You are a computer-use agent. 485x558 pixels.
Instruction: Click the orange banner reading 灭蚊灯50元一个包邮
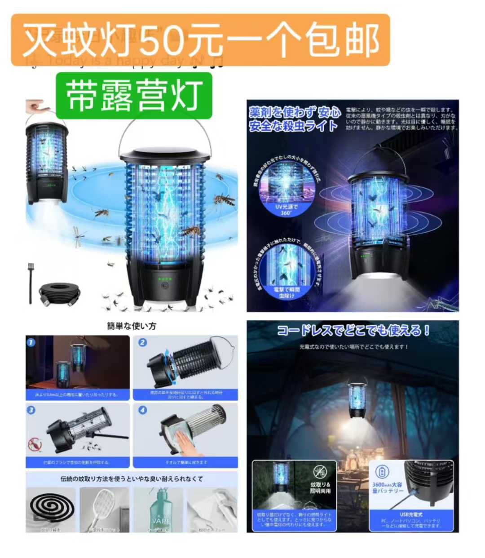[x=200, y=40]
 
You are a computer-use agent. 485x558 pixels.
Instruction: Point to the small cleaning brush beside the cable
[x=31, y=282]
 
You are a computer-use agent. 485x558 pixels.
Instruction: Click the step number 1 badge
[x=31, y=342]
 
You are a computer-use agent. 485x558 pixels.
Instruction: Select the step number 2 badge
[x=142, y=342]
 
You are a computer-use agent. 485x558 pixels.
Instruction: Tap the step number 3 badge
[x=31, y=410]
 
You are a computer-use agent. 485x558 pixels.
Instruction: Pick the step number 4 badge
[x=142, y=410]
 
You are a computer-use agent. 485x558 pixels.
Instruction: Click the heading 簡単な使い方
[x=132, y=326]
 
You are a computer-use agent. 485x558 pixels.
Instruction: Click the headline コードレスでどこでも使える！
[x=353, y=331]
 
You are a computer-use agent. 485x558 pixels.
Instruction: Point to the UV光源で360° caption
[x=286, y=210]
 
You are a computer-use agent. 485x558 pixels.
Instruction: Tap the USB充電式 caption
[x=411, y=514]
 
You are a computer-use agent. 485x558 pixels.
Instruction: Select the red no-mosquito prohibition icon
[x=35, y=445]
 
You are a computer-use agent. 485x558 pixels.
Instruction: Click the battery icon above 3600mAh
[x=383, y=472]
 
